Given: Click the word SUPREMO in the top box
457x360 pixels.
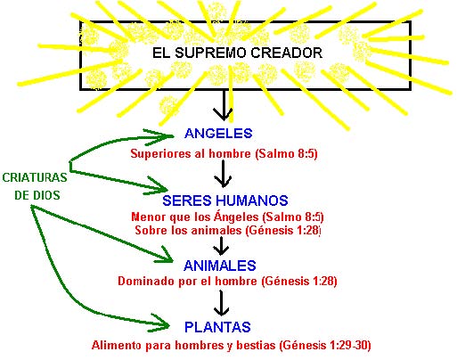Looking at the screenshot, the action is [210, 53].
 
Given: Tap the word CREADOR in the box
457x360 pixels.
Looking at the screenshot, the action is [287, 53].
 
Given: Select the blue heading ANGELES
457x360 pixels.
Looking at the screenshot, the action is [218, 134].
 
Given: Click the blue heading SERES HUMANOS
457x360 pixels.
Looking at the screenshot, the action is [225, 200].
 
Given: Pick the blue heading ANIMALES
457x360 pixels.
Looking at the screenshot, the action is [220, 266].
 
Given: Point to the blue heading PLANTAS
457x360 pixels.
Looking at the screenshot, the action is [217, 327].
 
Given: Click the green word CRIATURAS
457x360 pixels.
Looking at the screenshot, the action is [35, 177].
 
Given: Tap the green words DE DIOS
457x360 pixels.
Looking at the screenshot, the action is [37, 195].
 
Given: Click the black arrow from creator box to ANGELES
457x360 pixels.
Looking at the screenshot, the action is [224, 104].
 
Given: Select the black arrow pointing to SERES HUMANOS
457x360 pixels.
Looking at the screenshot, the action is [223, 174].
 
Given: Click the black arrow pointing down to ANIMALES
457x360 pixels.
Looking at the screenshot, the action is [221, 246].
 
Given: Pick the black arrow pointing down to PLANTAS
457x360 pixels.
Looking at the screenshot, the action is [221, 303].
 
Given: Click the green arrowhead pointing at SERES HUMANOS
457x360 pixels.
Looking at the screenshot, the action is [157, 186].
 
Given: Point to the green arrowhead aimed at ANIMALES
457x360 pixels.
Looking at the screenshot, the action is [164, 256].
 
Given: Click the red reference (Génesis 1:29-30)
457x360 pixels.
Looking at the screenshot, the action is [325, 346].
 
